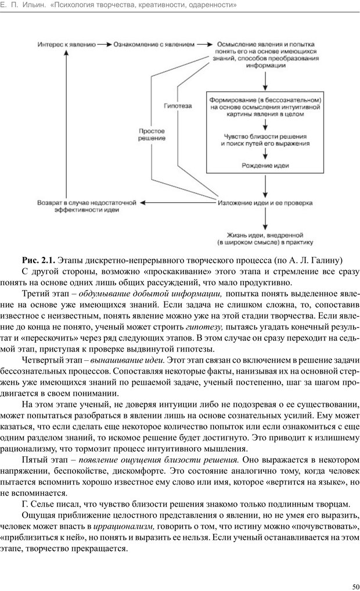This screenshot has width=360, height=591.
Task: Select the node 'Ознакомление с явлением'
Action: coord(149,44)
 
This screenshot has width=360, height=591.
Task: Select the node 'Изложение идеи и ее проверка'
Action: coord(265,203)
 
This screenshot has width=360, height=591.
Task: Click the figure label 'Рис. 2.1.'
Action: coord(38,259)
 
